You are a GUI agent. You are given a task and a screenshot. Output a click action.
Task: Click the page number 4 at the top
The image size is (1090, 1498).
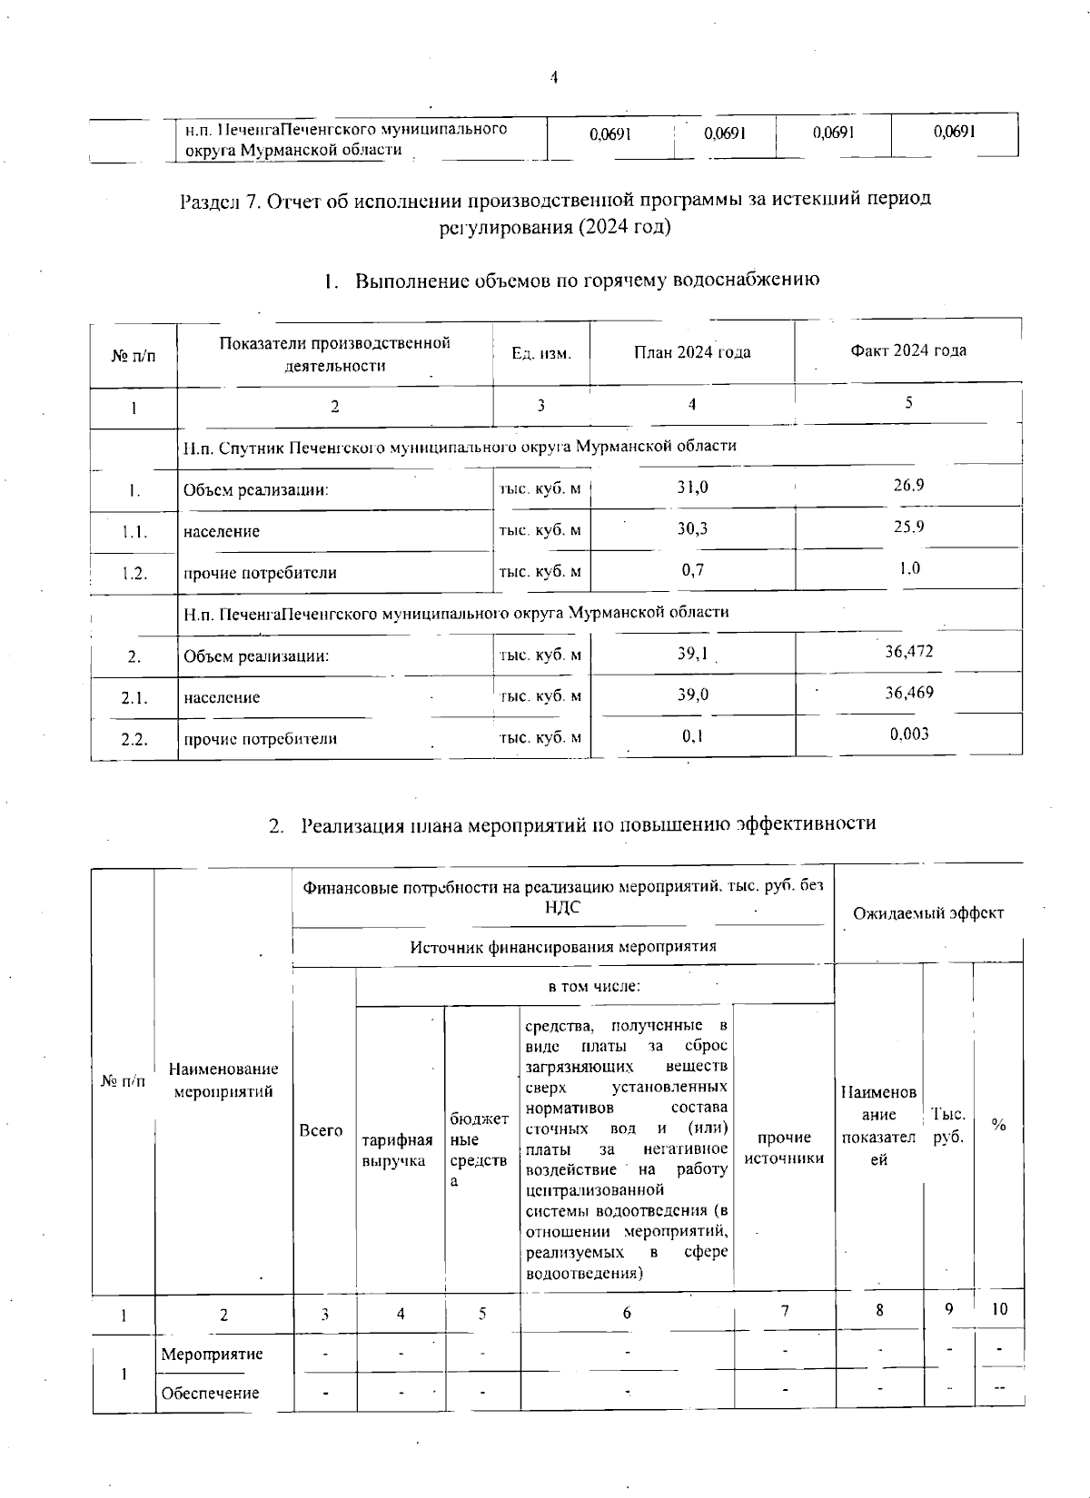coord(553,78)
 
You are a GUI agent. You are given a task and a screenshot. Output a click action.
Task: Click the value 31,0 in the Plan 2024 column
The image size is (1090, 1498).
coord(692,488)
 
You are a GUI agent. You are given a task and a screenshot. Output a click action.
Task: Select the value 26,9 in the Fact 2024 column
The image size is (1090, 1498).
coord(908,485)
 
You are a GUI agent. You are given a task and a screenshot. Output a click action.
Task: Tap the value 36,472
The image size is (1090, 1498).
coord(909,651)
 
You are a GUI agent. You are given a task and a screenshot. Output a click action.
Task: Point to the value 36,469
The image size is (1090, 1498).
coord(909,693)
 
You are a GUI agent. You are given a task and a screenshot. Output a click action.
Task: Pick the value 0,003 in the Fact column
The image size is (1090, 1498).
coord(909,734)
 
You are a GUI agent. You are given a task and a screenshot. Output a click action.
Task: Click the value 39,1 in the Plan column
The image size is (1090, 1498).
coord(692,653)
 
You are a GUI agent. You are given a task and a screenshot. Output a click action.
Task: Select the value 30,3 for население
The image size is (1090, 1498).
coord(692,528)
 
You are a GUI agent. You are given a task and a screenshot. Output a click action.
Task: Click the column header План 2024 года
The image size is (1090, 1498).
coord(692,352)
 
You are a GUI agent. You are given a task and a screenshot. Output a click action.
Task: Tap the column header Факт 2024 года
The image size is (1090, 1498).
coord(908,350)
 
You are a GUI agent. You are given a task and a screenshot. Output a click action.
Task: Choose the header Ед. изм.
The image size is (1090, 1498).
coord(541,353)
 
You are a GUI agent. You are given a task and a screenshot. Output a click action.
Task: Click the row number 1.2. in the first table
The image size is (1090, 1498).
coord(134,573)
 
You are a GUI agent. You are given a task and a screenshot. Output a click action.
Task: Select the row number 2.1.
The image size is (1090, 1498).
coord(134,697)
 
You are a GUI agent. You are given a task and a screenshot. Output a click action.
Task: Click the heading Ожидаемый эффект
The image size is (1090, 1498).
coord(928,913)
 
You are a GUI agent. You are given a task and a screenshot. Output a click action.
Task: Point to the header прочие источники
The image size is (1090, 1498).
coord(784,1148)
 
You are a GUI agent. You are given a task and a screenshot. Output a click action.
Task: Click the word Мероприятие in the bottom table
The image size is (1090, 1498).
coord(212,1354)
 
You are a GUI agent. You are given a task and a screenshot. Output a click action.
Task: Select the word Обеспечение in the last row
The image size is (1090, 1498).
coord(210,1393)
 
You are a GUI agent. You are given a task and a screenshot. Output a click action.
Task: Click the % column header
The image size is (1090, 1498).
coord(998,1125)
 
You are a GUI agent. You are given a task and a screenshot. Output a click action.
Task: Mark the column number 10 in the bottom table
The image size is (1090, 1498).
coord(999,1309)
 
